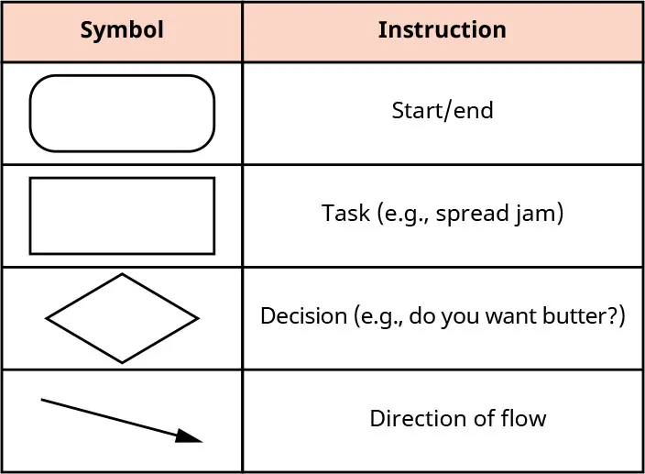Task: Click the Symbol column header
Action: pyautogui.click(x=122, y=30)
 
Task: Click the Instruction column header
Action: pyautogui.click(x=442, y=30)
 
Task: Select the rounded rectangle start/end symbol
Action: pyautogui.click(x=122, y=113)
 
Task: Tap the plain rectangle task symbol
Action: pyautogui.click(x=122, y=215)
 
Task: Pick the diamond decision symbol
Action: pyautogui.click(x=122, y=318)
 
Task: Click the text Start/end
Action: pyautogui.click(x=442, y=111)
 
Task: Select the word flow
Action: pyautogui.click(x=525, y=419)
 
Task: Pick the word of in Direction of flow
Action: pyautogui.click(x=481, y=419)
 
